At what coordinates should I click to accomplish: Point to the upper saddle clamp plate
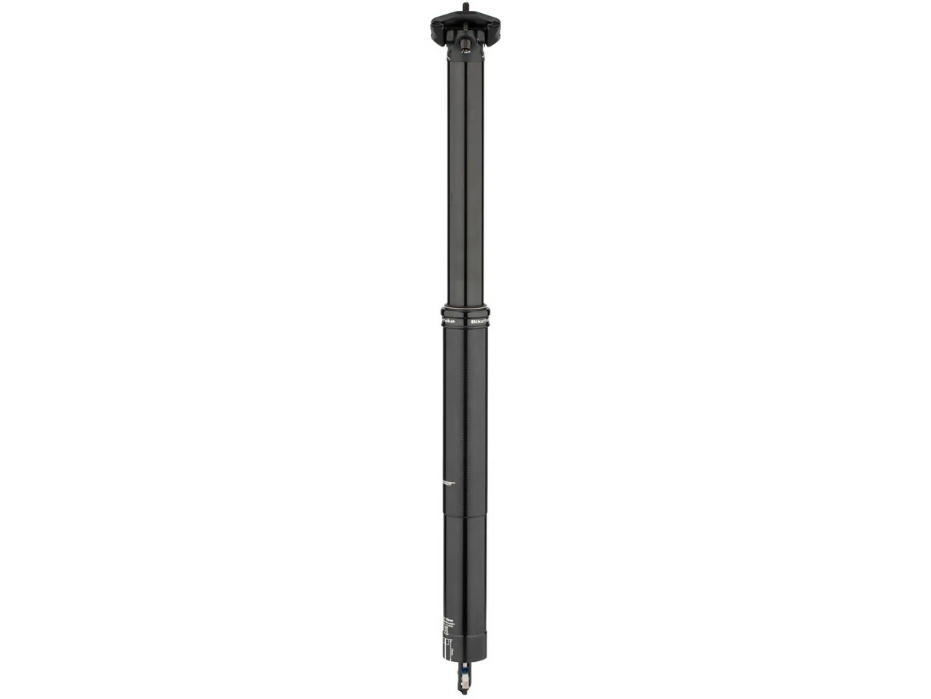click(466, 21)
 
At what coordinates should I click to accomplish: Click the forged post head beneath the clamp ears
click(466, 55)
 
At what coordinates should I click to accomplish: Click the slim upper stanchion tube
click(465, 182)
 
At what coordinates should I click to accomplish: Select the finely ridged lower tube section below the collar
click(465, 400)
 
